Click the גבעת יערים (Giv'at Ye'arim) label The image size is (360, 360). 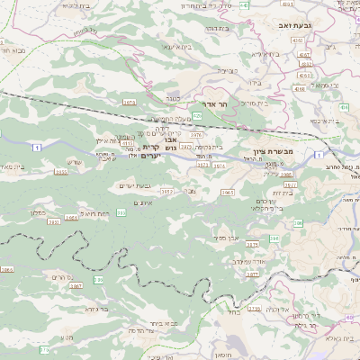tap(133, 185)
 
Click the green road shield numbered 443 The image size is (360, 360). tap(245, 5)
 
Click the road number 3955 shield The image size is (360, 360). tap(61, 171)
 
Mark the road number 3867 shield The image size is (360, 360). tap(76, 284)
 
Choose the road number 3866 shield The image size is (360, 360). tap(7, 269)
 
